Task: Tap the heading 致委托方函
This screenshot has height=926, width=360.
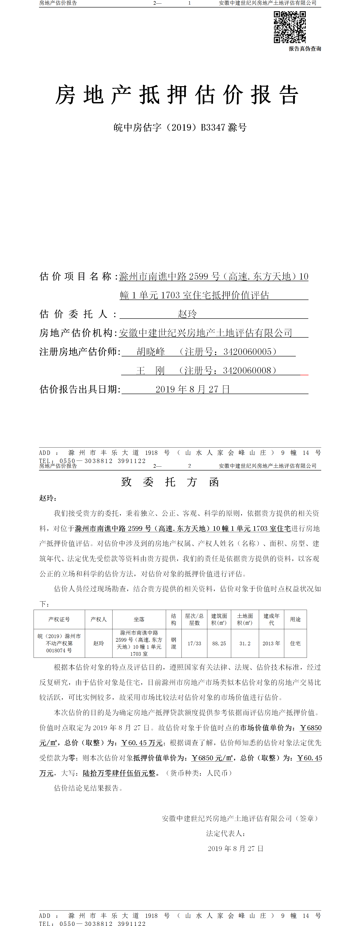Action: point(170,482)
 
